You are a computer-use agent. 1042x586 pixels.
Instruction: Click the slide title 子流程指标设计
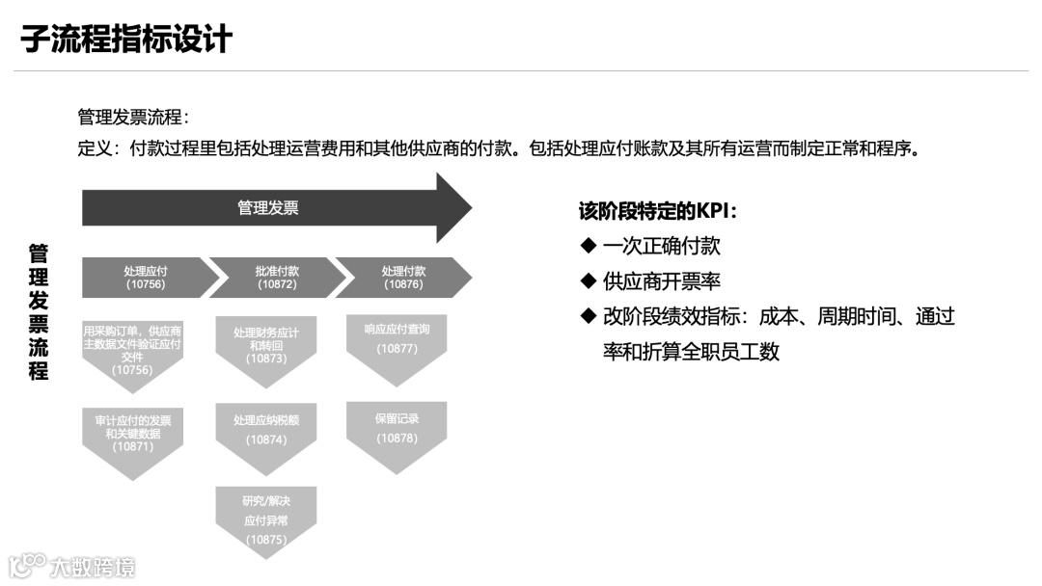click(126, 40)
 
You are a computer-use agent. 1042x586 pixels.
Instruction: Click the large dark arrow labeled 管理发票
click(268, 207)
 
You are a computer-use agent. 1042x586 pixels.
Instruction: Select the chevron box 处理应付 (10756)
click(145, 278)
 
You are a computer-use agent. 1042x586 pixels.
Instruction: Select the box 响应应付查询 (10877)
click(397, 339)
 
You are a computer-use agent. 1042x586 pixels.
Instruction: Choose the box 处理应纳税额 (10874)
click(266, 431)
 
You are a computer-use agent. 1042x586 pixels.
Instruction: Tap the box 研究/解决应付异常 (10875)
click(266, 519)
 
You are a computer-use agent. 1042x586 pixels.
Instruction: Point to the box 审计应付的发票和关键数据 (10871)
click(132, 435)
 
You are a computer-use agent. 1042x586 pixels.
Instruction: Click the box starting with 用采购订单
click(132, 349)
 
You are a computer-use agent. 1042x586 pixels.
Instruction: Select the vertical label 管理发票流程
click(39, 311)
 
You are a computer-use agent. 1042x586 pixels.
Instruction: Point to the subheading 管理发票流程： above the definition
click(133, 118)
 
